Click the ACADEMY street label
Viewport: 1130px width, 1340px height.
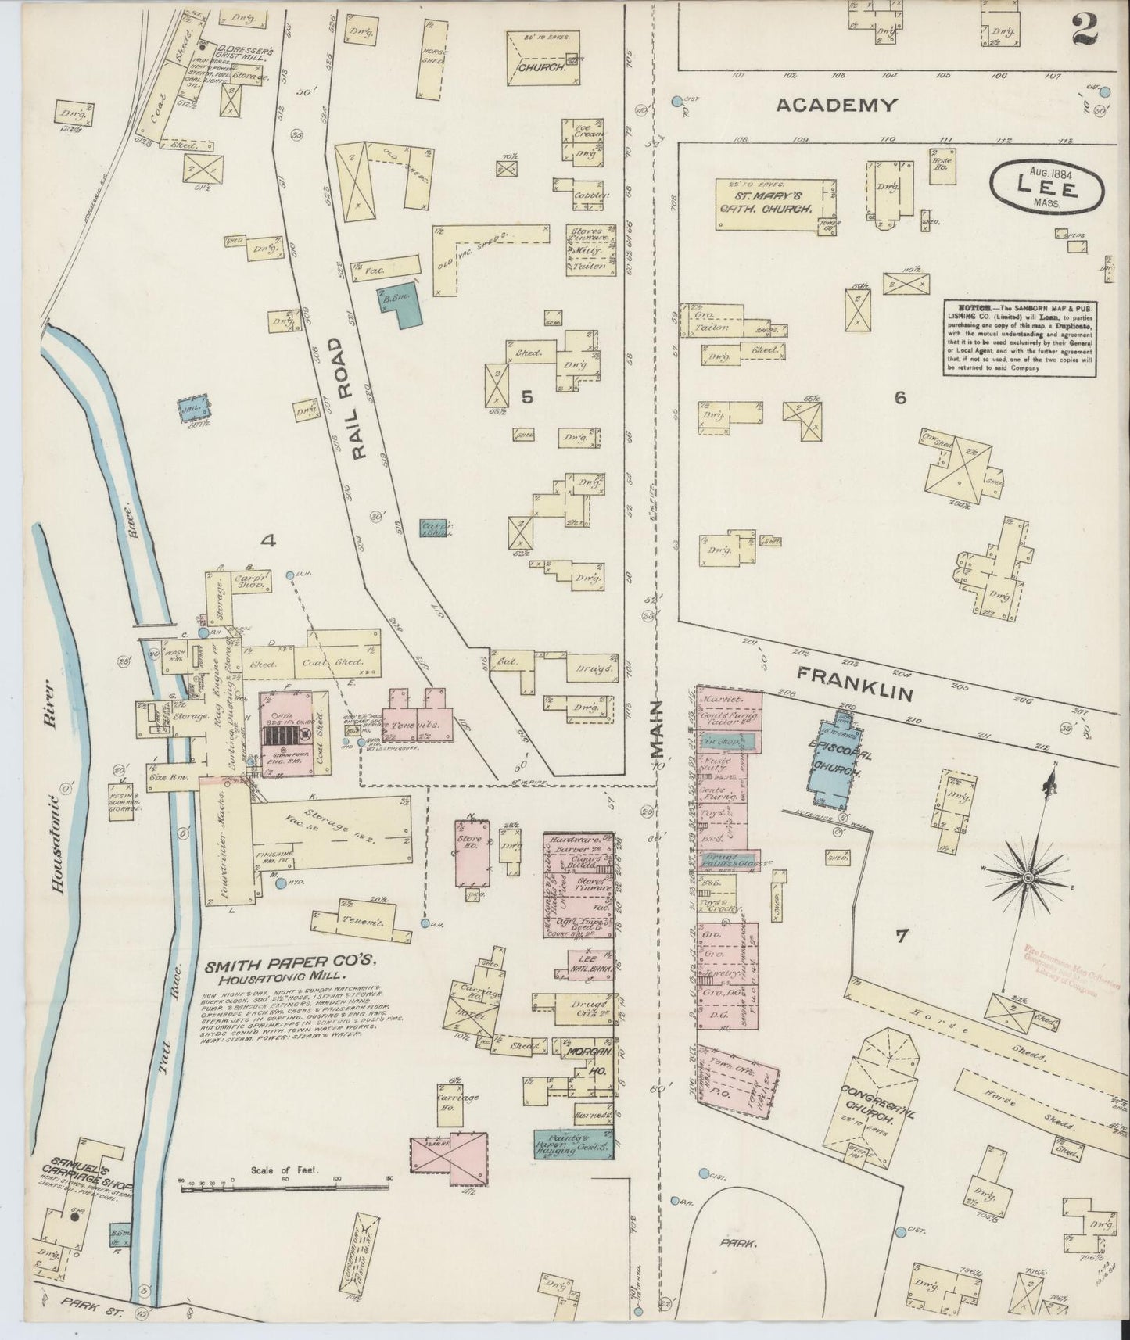click(x=836, y=106)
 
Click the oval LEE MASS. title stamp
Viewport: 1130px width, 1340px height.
click(x=1046, y=188)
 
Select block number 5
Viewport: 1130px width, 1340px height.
click(x=527, y=397)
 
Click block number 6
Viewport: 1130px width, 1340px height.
click(x=900, y=397)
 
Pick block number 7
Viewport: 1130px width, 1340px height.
click(x=902, y=935)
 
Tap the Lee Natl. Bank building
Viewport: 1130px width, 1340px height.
click(x=586, y=965)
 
